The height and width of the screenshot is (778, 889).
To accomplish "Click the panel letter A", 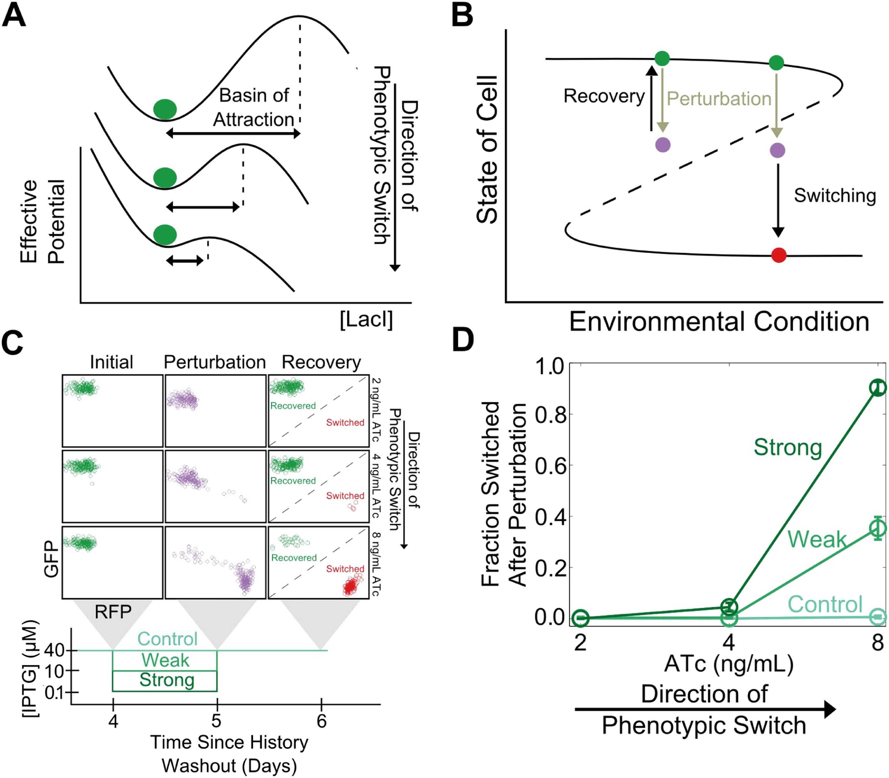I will [14, 16].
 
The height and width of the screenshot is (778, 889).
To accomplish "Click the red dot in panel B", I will [779, 255].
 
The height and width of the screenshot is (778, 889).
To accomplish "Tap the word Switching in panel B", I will [835, 195].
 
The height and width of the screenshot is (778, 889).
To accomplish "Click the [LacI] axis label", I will [366, 320].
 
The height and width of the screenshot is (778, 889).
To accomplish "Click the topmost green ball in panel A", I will [165, 109].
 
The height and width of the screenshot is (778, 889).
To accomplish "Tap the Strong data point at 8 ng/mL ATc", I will [878, 388].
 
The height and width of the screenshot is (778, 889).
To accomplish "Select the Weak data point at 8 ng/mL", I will [878, 528].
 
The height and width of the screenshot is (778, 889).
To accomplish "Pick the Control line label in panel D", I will [825, 604].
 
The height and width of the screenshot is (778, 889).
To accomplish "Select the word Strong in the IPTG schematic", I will [167, 680].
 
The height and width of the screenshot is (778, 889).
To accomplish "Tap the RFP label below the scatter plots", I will [113, 612].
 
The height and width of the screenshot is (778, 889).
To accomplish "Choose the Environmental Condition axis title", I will [719, 322].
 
